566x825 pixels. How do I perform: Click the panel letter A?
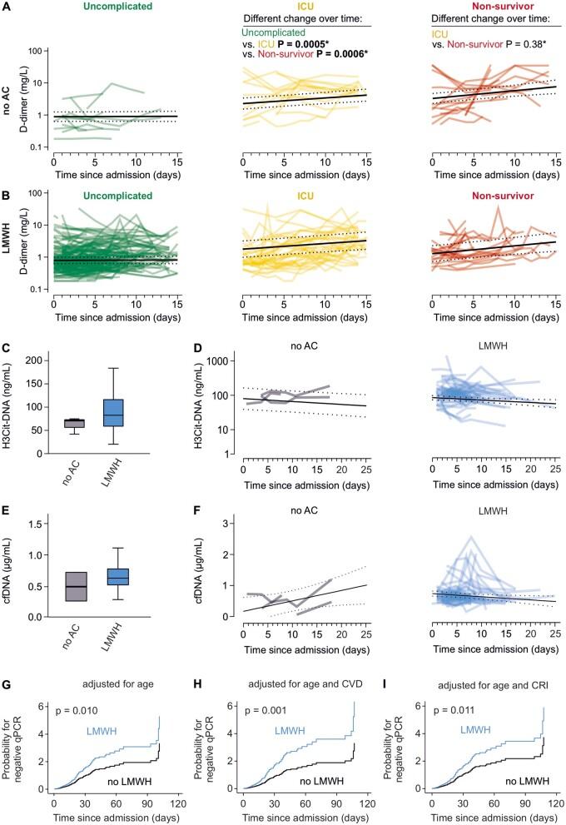click(x=7, y=7)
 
